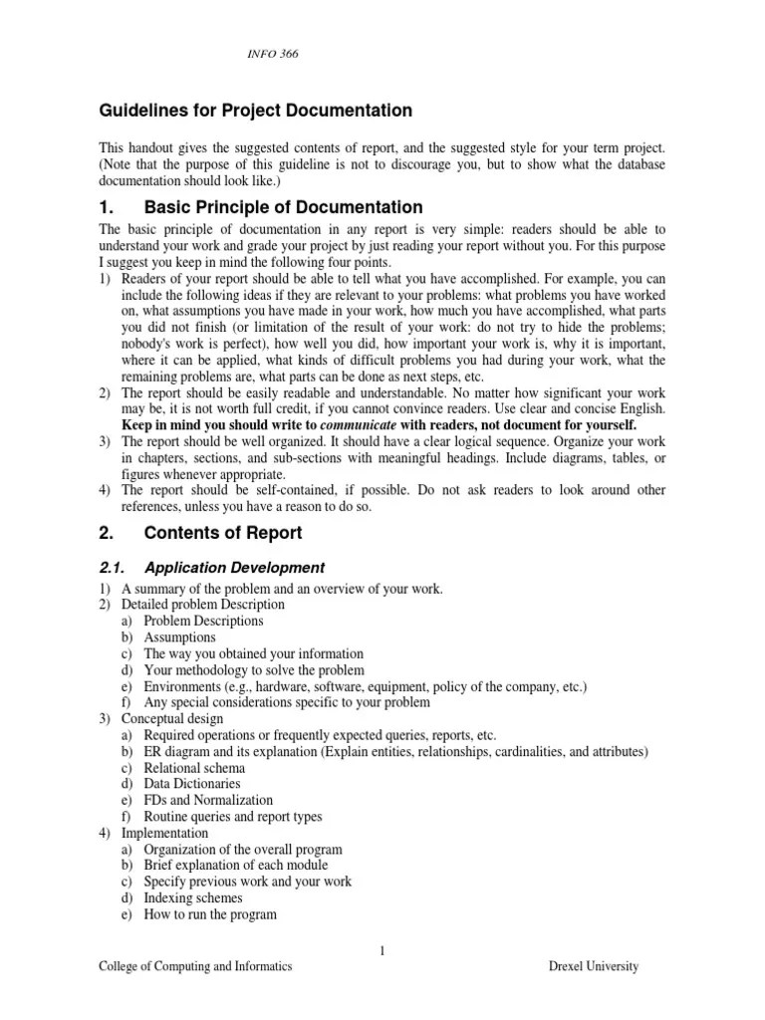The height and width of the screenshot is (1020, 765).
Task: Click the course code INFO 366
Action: point(272,54)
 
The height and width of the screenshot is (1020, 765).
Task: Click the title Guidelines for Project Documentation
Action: point(255,111)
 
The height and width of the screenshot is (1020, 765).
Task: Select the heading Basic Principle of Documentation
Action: point(284,207)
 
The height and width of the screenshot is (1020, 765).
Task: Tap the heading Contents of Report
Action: point(223,533)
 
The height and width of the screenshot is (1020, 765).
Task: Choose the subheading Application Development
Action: point(234,568)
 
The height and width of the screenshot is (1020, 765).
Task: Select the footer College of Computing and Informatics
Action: point(195,966)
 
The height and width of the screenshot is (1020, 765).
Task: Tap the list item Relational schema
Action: point(194,768)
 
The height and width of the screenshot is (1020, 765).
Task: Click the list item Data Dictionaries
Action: point(192,784)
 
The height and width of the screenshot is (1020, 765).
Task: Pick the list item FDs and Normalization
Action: point(208,800)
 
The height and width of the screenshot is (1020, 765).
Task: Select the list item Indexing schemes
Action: point(193,897)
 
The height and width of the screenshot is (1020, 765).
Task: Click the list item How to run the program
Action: point(210,913)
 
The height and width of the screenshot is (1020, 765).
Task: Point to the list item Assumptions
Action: point(179,637)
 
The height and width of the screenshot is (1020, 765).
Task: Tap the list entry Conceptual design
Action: point(172,718)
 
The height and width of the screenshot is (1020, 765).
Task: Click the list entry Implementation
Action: point(164,833)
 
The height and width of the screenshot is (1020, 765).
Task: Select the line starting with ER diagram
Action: point(395,751)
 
